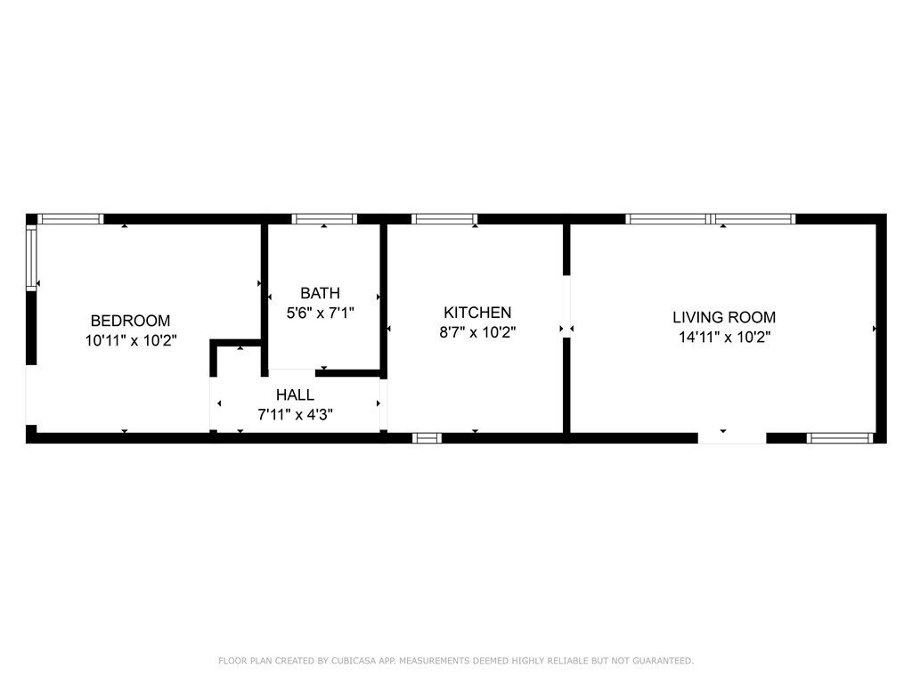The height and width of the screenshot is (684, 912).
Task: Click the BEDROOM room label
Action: tap(130, 321)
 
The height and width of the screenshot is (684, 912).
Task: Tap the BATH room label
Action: tap(320, 293)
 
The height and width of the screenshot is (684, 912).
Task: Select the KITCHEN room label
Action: tap(477, 313)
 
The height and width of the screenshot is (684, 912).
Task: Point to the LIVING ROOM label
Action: tap(723, 317)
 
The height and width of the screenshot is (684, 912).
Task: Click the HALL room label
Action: tap(295, 395)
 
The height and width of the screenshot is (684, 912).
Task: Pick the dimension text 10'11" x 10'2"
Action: tap(130, 340)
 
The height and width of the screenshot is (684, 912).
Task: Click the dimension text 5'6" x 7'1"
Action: tap(320, 313)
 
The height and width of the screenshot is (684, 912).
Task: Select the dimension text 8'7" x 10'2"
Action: tap(477, 332)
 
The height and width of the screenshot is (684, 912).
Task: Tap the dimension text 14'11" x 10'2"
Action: tap(723, 337)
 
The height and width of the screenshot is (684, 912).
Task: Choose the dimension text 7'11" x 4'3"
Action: tap(295, 414)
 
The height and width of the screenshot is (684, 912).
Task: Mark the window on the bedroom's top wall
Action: tap(71, 219)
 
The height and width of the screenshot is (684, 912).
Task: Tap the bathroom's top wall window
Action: tap(325, 219)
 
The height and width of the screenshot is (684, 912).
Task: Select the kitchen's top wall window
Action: tap(444, 219)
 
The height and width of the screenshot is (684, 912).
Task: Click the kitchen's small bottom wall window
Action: tap(427, 437)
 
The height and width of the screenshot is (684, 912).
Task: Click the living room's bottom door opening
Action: tap(731, 437)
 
